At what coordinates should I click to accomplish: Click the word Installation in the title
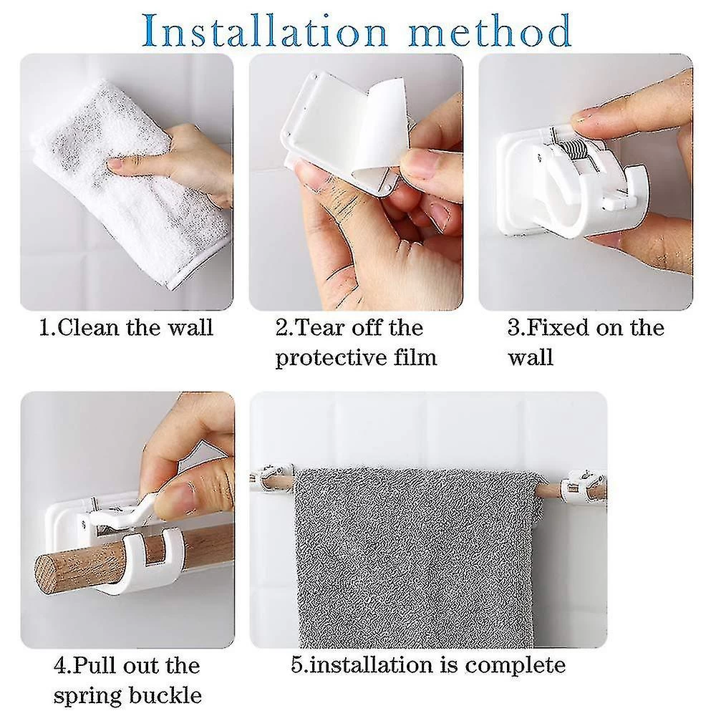pyautogui.click(x=265, y=31)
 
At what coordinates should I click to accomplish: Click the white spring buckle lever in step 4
pyautogui.click(x=123, y=511)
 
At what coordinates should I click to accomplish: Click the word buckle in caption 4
pyautogui.click(x=165, y=694)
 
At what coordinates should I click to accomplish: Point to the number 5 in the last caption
pyautogui.click(x=297, y=665)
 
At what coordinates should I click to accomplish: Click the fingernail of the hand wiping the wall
pyautogui.click(x=115, y=163)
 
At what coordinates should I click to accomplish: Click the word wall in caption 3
pyautogui.click(x=531, y=357)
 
